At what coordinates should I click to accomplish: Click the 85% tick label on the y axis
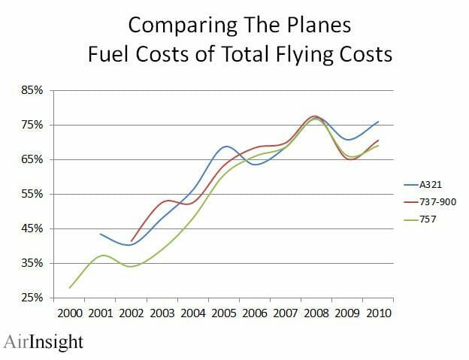coord(33,90)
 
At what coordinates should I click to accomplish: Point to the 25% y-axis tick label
coord(33,298)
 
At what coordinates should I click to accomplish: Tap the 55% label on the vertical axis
coord(33,194)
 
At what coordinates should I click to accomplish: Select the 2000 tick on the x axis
coord(70,311)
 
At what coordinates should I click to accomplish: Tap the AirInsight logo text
coord(42,342)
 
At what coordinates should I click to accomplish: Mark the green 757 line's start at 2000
coord(70,288)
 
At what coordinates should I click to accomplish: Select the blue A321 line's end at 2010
coord(378,121)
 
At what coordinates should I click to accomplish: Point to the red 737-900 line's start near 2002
coord(132,241)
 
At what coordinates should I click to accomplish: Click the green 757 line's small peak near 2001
coord(104,256)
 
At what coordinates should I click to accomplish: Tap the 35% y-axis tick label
coord(33,263)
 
